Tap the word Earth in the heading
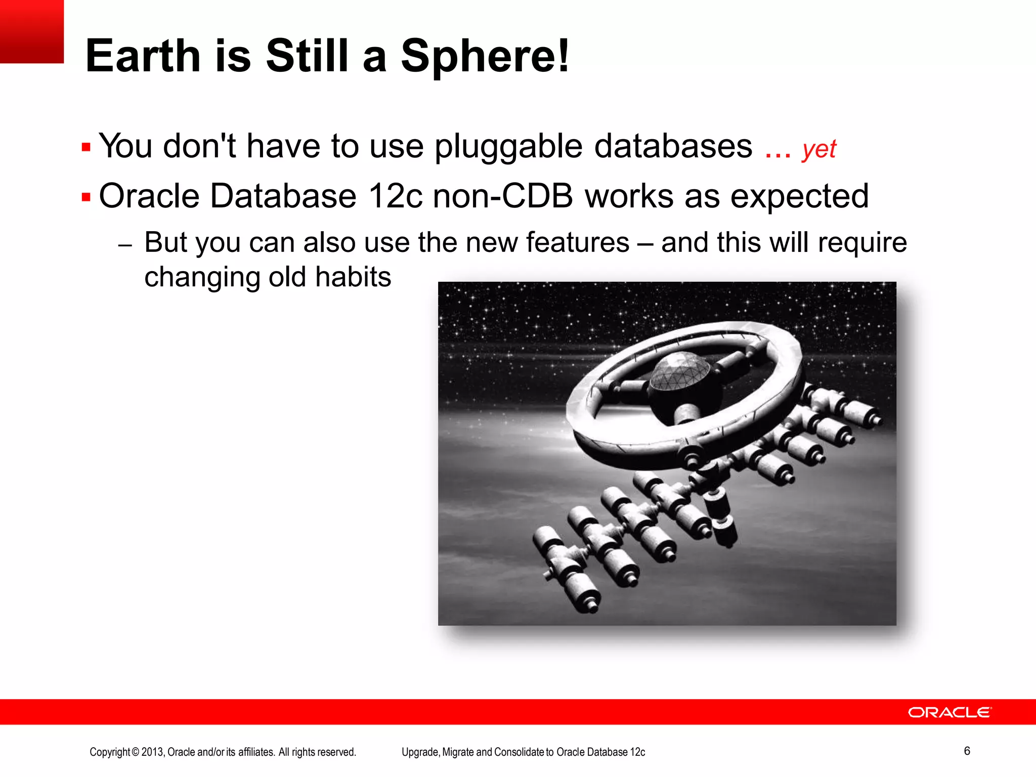143,57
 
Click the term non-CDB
503,196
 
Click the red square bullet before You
86,148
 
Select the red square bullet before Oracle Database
86,197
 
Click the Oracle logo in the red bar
949,712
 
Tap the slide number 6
967,751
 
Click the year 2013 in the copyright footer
152,752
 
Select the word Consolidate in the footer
519,752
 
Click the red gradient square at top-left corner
31,31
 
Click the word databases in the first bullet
673,147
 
